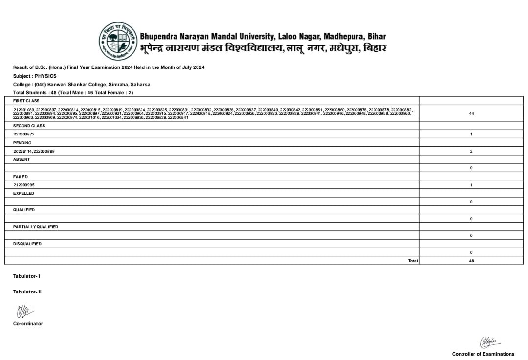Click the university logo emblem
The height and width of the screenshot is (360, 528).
click(x=118, y=41)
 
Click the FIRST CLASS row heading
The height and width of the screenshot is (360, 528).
click(x=26, y=101)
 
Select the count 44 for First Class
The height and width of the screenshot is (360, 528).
click(x=471, y=113)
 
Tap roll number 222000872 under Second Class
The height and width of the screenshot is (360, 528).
click(x=24, y=134)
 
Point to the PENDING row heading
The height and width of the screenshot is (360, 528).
click(x=22, y=143)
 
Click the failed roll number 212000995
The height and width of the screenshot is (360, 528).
click(x=24, y=185)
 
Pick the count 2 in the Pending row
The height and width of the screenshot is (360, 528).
click(x=471, y=151)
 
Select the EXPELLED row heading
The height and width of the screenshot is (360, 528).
click(x=23, y=193)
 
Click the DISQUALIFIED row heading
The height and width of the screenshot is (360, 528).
click(x=27, y=244)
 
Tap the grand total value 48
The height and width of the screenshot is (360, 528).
click(x=471, y=261)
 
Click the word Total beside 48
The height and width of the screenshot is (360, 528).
click(x=413, y=261)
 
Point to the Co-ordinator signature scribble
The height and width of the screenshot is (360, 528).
click(x=23, y=311)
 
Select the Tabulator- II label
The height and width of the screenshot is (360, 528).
click(x=27, y=292)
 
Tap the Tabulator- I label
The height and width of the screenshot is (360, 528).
click(x=26, y=276)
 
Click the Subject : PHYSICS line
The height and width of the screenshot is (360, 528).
click(x=35, y=76)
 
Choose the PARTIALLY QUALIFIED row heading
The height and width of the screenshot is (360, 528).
click(x=35, y=227)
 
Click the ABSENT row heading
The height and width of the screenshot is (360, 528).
click(x=21, y=159)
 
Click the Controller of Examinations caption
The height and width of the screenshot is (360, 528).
click(x=483, y=354)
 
